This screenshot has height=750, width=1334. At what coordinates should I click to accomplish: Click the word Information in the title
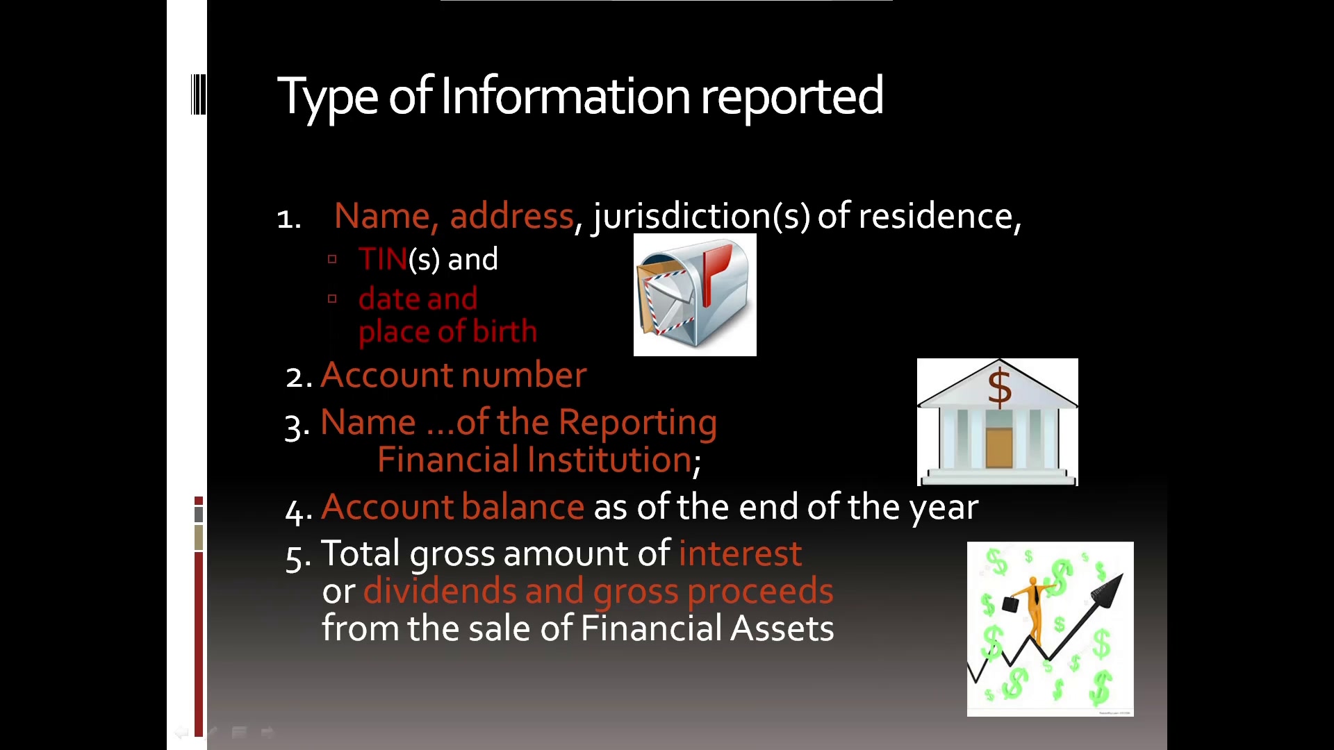[566, 96]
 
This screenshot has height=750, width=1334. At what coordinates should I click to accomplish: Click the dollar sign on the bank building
[1000, 388]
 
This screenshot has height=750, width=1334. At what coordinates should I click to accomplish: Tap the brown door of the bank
[998, 449]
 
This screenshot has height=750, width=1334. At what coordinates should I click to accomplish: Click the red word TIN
[383, 259]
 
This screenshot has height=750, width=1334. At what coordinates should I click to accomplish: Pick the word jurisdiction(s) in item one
[701, 216]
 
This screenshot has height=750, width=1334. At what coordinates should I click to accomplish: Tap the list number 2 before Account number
[298, 377]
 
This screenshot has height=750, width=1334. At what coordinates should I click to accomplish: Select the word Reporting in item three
[637, 423]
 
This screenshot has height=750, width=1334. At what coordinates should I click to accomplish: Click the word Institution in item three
[609, 460]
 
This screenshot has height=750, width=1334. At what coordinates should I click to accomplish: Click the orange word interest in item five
[740, 553]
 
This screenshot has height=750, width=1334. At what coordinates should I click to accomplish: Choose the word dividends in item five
[440, 591]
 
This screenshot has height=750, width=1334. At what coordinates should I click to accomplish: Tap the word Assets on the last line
[782, 628]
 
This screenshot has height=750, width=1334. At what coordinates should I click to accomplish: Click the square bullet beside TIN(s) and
[332, 259]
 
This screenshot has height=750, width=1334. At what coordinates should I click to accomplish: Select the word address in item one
[512, 216]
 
